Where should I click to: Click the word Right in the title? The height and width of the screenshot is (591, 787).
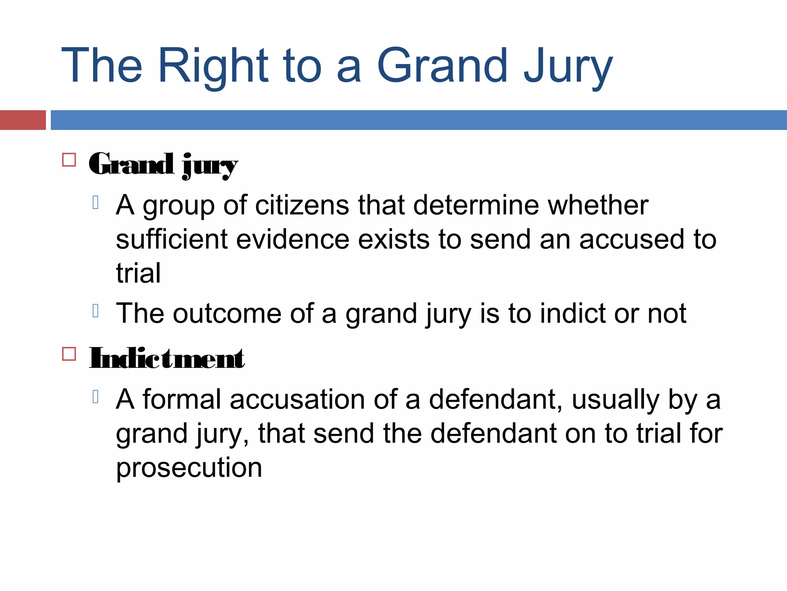[213, 65]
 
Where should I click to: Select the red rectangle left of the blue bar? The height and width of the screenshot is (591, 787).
[23, 120]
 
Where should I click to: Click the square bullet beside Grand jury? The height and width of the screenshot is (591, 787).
[69, 160]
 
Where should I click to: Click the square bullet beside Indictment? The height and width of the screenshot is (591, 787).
[69, 354]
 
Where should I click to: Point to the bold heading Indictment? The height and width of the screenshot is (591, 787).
[167, 358]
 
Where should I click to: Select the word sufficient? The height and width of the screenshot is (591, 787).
[172, 239]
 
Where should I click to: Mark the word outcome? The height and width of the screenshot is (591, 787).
[227, 313]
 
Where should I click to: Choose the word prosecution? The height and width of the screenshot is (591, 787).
[189, 468]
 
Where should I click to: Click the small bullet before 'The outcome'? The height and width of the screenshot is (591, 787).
[96, 311]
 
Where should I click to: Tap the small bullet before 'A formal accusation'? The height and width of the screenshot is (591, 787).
[96, 397]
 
